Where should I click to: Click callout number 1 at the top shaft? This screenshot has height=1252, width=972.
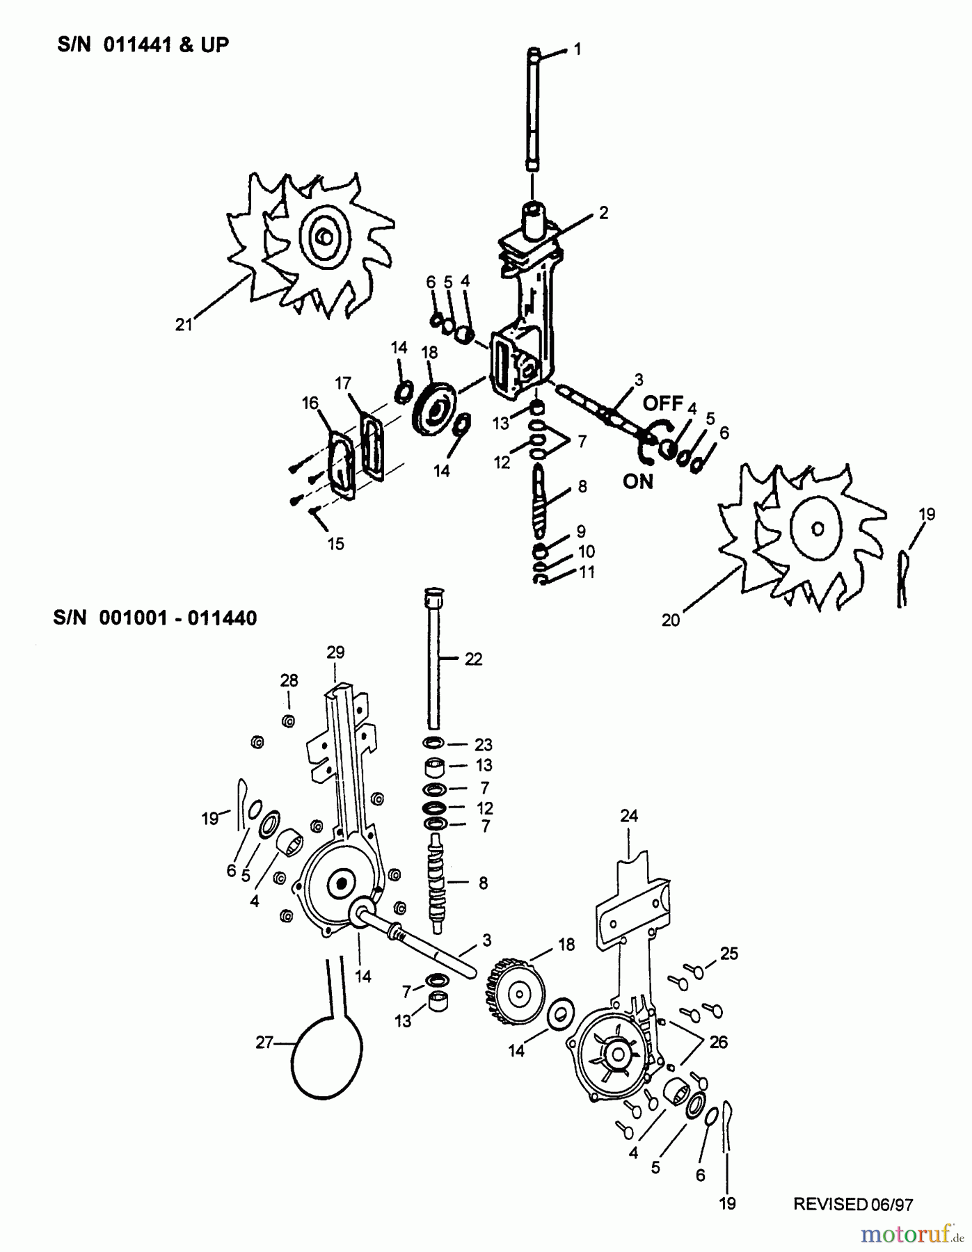pyautogui.click(x=577, y=49)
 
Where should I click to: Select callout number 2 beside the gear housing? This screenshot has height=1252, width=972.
pyautogui.click(x=603, y=213)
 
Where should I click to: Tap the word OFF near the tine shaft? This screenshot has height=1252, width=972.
pyautogui.click(x=662, y=403)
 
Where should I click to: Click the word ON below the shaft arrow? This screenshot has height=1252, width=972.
pyautogui.click(x=638, y=481)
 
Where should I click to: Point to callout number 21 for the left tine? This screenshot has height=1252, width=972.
pyautogui.click(x=183, y=325)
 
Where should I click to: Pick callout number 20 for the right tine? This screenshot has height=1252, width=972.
pyautogui.click(x=670, y=620)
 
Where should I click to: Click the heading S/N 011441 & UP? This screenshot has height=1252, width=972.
pyautogui.click(x=143, y=45)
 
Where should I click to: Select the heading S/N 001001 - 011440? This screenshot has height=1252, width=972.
pyautogui.click(x=154, y=618)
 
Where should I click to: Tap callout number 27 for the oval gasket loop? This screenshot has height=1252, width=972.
pyautogui.click(x=264, y=1043)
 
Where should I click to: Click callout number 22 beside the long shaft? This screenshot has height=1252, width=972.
pyautogui.click(x=473, y=659)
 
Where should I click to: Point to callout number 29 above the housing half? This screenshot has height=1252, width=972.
pyautogui.click(x=335, y=652)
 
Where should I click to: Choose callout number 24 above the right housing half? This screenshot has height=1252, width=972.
pyautogui.click(x=628, y=815)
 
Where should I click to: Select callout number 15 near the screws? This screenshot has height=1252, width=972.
pyautogui.click(x=335, y=543)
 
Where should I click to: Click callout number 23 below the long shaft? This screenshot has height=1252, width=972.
pyautogui.click(x=483, y=744)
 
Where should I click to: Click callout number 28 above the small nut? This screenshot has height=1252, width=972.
pyautogui.click(x=289, y=680)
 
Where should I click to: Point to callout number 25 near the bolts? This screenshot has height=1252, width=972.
pyautogui.click(x=728, y=954)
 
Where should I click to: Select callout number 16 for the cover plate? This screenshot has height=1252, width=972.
pyautogui.click(x=310, y=403)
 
